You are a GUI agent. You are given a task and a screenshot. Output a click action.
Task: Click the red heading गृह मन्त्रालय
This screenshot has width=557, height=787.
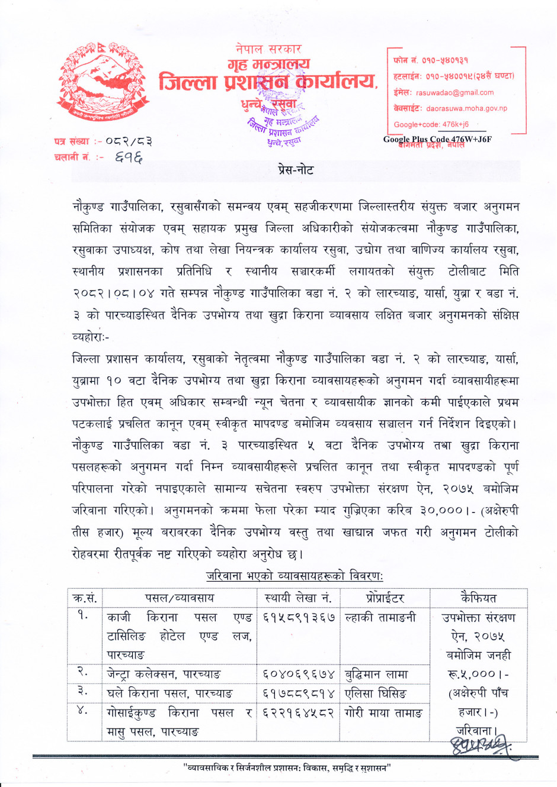pyautogui.click(x=269, y=64)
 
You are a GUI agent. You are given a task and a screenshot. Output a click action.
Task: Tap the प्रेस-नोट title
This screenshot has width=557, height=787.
pyautogui.click(x=296, y=170)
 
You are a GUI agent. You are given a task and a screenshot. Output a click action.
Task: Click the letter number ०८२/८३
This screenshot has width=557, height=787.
pyautogui.click(x=129, y=141)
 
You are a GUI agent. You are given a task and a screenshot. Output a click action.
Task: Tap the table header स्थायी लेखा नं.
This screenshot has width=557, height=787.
pyautogui.click(x=298, y=598)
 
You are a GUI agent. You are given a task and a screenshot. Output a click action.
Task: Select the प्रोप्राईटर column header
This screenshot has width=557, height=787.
pyautogui.click(x=385, y=598)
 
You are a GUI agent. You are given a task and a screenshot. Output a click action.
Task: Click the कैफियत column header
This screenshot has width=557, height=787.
pyautogui.click(x=478, y=598)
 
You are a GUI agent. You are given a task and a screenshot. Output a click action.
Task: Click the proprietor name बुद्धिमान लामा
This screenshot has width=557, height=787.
pyautogui.click(x=376, y=674)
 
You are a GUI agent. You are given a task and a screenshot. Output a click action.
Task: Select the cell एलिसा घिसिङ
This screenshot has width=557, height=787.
pyautogui.click(x=376, y=693)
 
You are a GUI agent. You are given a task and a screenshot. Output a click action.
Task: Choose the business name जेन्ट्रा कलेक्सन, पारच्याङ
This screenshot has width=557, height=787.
pyautogui.click(x=164, y=674)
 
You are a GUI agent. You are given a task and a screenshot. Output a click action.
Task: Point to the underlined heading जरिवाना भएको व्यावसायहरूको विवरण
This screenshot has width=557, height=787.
pyautogui.click(x=294, y=576)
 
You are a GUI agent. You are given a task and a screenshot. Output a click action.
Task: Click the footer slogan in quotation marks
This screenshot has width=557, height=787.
pyautogui.click(x=287, y=768)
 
